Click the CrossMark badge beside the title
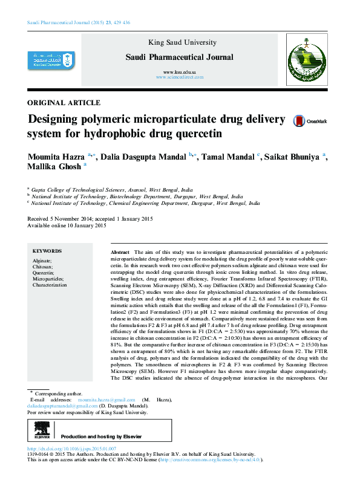click(x=309, y=121)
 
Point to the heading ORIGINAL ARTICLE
click(x=64, y=103)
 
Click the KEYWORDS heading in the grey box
click(x=47, y=251)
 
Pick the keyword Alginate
click(x=42, y=260)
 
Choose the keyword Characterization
click(x=50, y=284)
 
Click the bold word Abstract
click(x=120, y=251)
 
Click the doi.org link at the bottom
click(x=72, y=449)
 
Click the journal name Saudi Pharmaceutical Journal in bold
click(x=178, y=57)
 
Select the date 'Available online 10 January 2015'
click(x=67, y=225)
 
